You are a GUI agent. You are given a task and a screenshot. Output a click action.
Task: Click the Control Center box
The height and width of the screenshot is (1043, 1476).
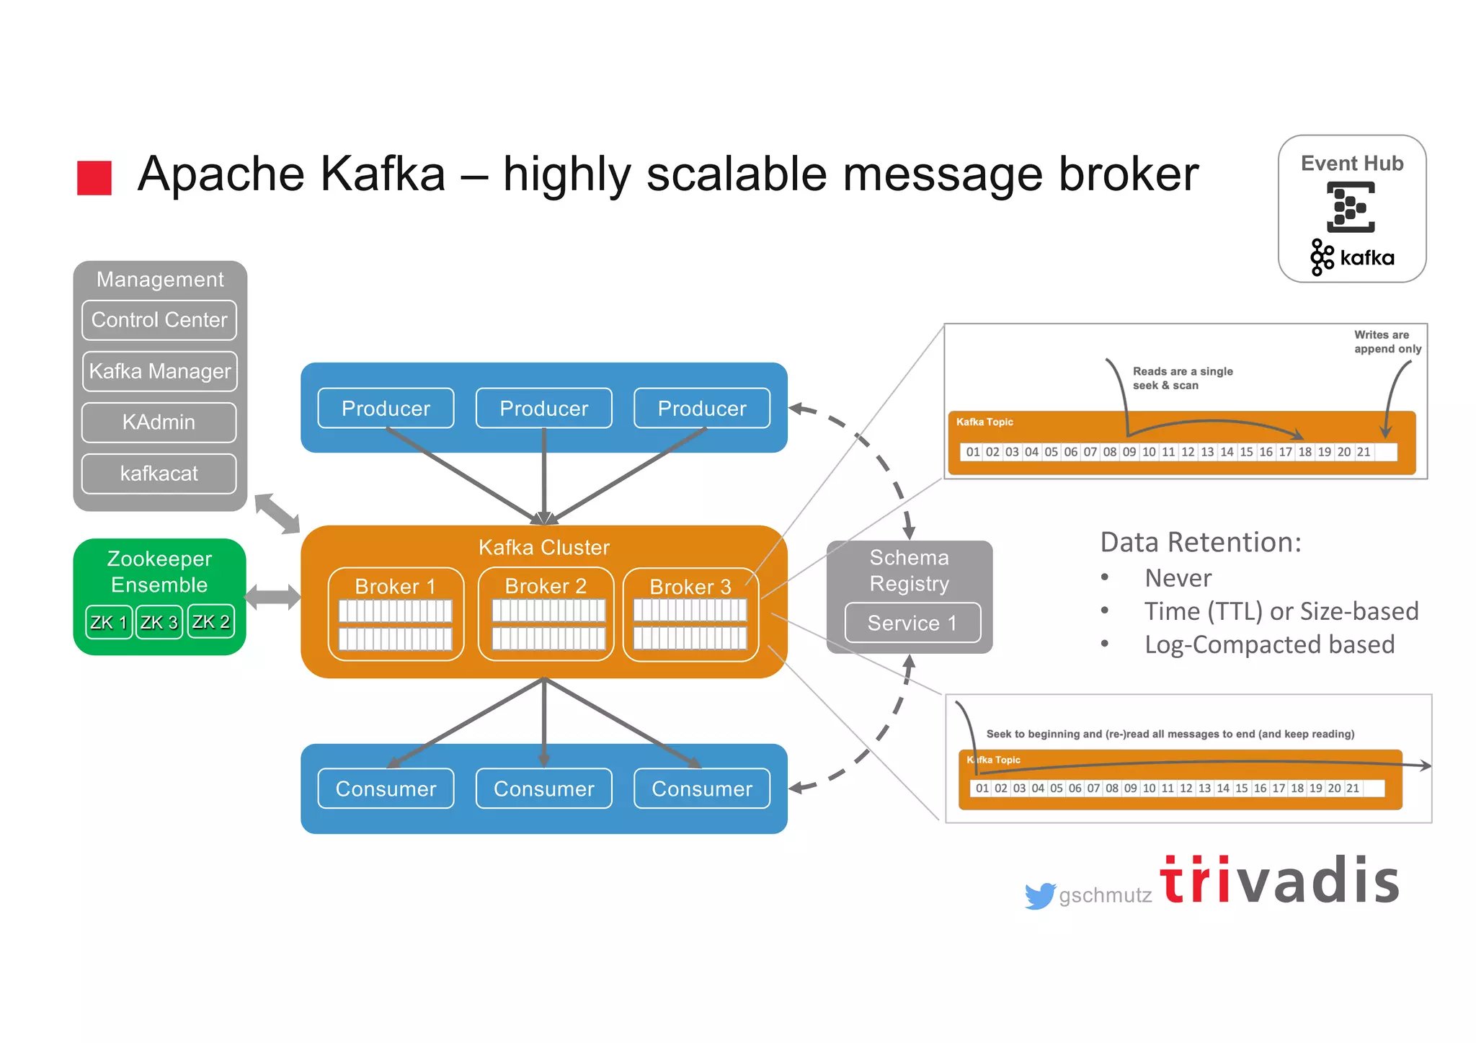click(x=159, y=320)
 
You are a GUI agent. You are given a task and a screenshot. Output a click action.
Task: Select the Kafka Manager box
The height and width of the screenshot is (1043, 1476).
click(x=159, y=371)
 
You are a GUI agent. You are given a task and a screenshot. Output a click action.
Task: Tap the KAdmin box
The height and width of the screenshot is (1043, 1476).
click(x=159, y=422)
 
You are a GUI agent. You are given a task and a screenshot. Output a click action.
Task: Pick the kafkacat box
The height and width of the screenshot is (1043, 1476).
click(x=159, y=474)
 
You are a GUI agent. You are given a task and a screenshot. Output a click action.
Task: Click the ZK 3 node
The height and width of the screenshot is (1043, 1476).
click(x=159, y=622)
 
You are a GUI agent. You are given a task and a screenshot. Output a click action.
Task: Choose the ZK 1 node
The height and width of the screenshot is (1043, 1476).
click(x=109, y=622)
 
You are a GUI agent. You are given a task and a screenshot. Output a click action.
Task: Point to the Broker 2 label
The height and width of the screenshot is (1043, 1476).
click(x=546, y=586)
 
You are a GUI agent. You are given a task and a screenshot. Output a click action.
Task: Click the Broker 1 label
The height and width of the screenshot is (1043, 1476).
click(x=395, y=586)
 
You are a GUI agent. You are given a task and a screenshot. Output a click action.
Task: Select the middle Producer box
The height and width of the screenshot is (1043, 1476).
click(x=544, y=408)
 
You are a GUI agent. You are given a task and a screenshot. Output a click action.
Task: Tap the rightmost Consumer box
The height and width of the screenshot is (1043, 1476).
click(x=702, y=789)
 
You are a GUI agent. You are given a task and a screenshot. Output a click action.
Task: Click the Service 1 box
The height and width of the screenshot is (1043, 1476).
click(x=912, y=623)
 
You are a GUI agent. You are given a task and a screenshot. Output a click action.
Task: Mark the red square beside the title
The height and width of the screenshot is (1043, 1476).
click(x=94, y=177)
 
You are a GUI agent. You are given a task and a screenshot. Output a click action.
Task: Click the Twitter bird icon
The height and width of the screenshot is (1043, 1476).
click(x=1040, y=895)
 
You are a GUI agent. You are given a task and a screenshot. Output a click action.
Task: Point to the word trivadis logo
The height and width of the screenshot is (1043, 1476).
click(x=1280, y=881)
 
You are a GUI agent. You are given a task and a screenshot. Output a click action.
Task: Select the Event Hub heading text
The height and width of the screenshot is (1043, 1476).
click(x=1352, y=164)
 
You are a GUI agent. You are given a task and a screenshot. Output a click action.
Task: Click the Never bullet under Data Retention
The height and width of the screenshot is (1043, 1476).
click(x=1178, y=578)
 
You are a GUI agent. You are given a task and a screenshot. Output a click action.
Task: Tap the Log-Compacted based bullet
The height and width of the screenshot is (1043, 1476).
click(x=1269, y=644)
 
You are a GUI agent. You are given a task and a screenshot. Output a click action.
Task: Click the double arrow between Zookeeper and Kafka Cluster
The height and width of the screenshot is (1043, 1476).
click(x=272, y=597)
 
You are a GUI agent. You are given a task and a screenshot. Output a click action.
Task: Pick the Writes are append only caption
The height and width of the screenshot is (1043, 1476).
click(x=1387, y=342)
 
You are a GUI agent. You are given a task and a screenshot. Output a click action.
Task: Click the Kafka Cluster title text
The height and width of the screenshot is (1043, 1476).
click(x=544, y=547)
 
